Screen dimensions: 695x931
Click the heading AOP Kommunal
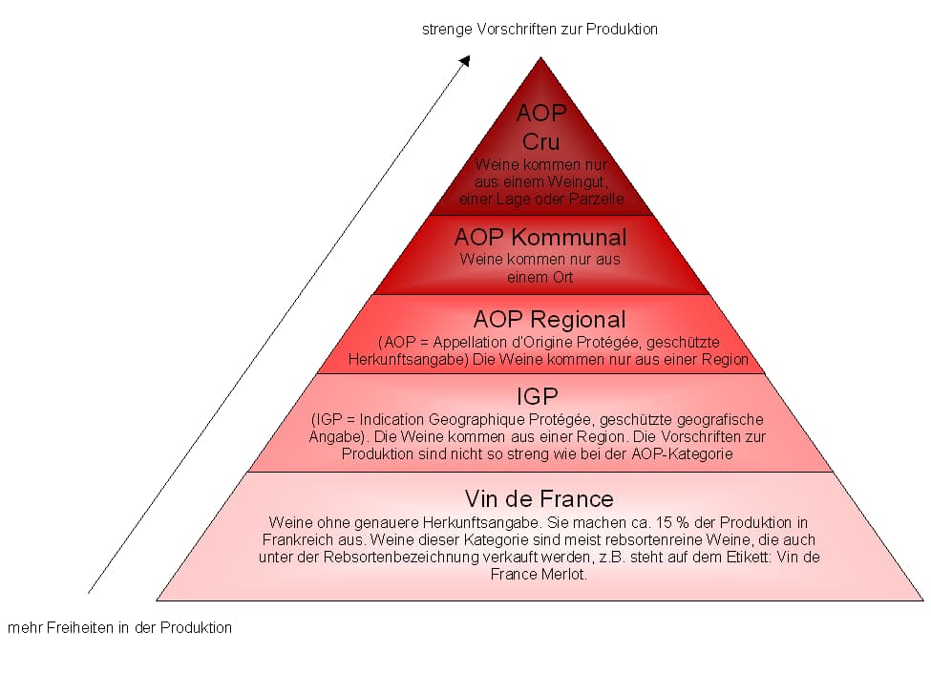[x=540, y=237]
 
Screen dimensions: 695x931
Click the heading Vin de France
[x=540, y=498]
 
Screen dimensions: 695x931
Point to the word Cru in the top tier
[x=540, y=142]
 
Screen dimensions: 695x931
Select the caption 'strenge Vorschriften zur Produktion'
[x=540, y=29]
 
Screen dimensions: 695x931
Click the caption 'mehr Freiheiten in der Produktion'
[x=119, y=628]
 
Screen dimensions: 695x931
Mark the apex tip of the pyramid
[x=541, y=57]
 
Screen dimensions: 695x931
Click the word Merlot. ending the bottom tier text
[x=565, y=575]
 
